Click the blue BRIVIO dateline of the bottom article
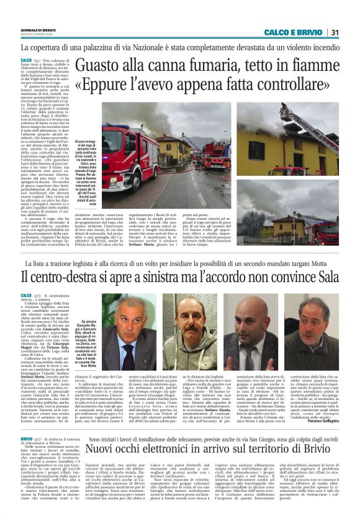coord(27,439)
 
